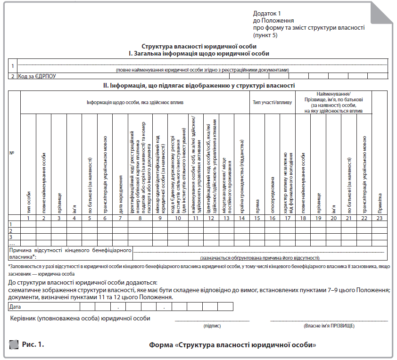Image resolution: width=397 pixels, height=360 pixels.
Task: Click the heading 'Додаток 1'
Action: (267, 14)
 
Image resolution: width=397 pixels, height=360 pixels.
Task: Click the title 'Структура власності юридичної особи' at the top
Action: (199, 46)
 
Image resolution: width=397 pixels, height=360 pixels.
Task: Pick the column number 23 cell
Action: (379, 218)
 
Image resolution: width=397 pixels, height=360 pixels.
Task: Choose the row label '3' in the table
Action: (11, 237)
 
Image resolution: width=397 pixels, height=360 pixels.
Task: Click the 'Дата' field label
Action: (15, 307)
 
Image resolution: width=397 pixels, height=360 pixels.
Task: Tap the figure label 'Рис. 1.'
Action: (33, 344)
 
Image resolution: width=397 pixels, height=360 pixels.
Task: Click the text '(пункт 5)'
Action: (265, 35)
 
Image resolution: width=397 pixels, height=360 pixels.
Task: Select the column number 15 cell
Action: (257, 218)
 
